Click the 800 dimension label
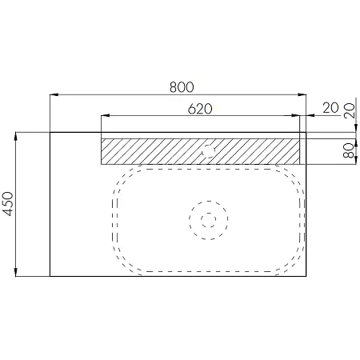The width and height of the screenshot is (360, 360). pos(182,87)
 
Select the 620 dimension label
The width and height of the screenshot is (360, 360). pos(200,109)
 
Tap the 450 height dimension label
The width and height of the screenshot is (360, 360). pos(8,204)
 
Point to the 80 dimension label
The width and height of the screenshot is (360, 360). pos(349,150)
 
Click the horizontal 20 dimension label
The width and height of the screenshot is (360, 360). pos(330,108)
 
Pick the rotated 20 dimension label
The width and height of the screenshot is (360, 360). pos(350,110)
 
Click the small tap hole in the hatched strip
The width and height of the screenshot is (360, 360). pos(208,151)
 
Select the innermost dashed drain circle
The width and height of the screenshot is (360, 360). pos(209,220)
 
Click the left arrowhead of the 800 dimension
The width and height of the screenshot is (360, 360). pos(54,94)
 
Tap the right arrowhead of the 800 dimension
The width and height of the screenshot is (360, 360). pos(302,94)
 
